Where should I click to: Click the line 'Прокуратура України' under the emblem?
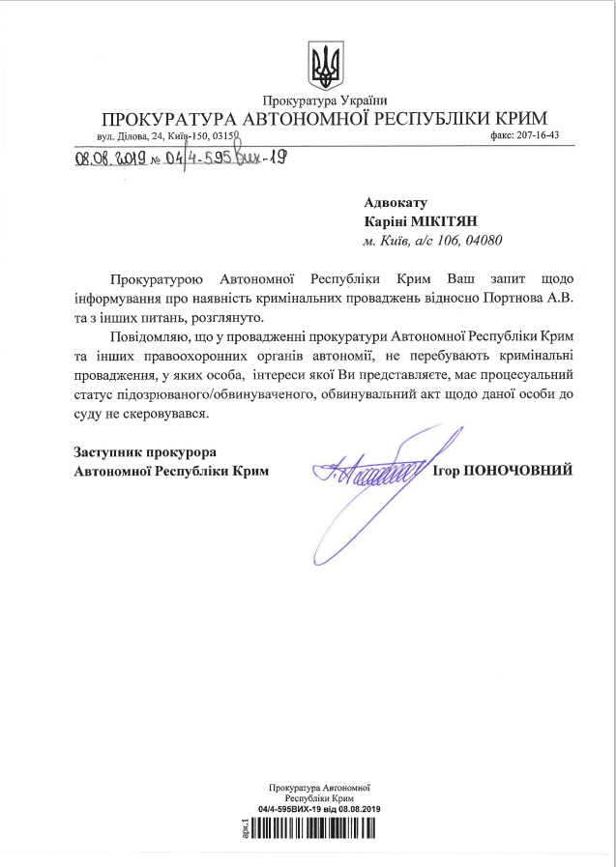[324, 101]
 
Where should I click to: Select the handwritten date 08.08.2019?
[109, 159]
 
